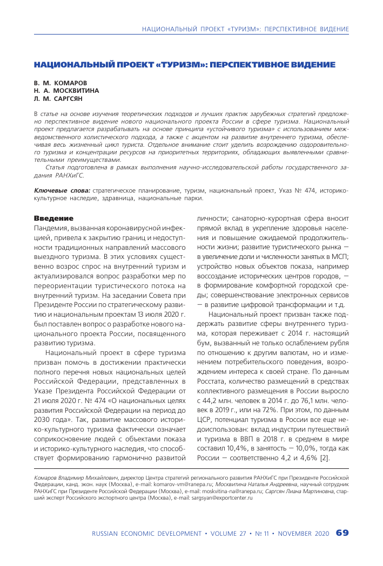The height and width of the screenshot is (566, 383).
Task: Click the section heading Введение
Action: tap(53, 218)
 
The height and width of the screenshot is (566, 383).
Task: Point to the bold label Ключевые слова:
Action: tap(62, 191)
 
